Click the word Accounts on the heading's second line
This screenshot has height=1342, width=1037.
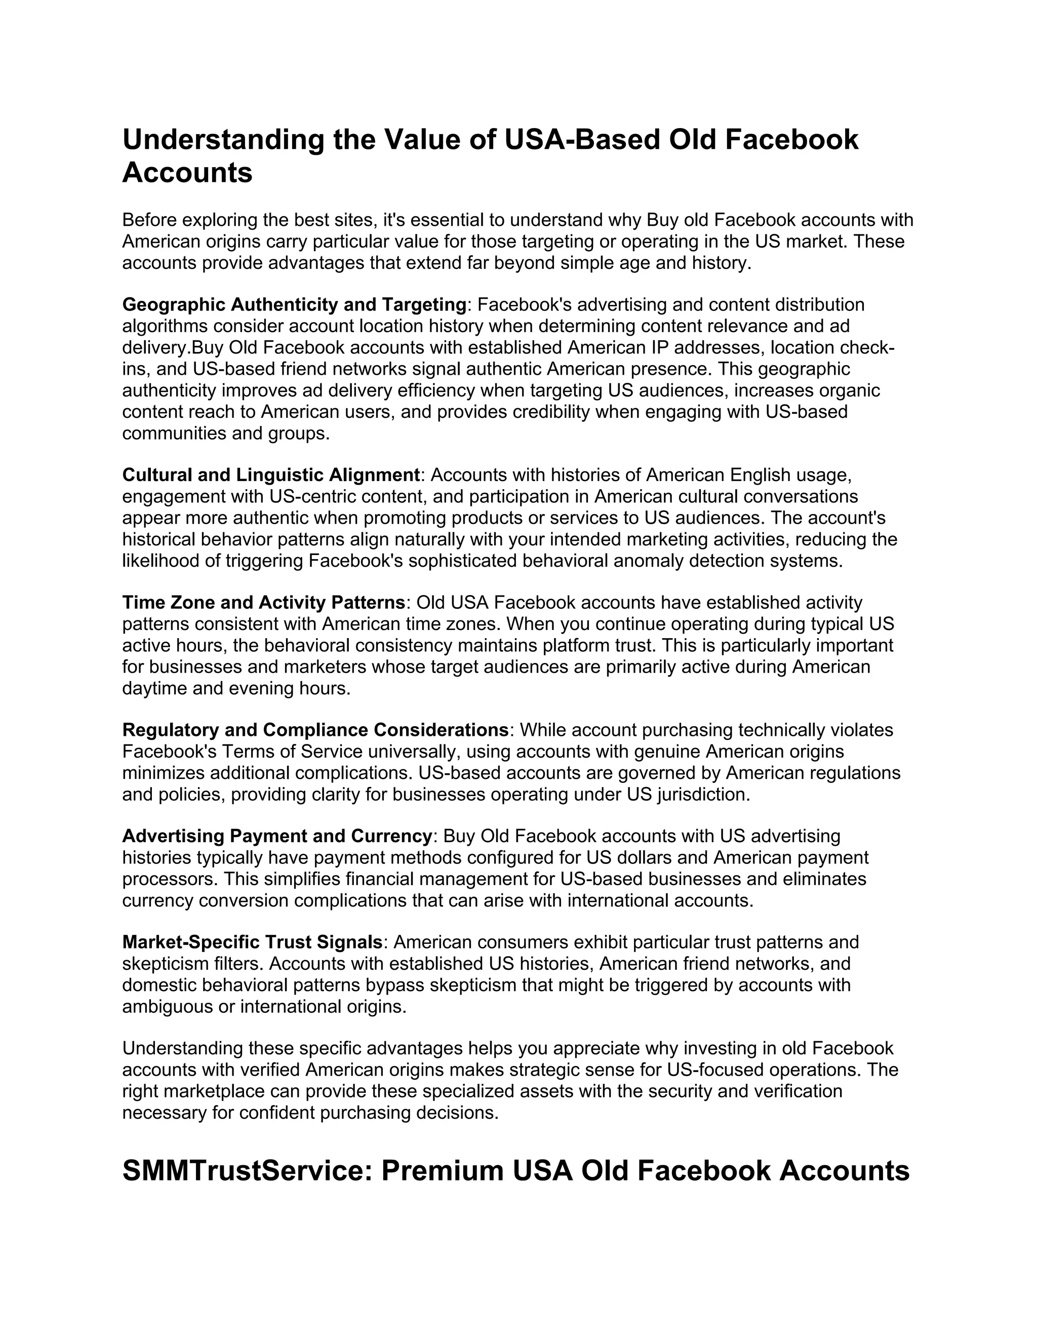click(187, 173)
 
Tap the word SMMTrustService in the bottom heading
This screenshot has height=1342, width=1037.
click(245, 1170)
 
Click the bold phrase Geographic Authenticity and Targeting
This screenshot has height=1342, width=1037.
click(294, 304)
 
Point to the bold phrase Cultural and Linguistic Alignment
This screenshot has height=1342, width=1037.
click(271, 475)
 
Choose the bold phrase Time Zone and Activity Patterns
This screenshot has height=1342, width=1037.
click(263, 602)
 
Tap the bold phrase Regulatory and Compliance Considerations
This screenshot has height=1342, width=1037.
click(315, 730)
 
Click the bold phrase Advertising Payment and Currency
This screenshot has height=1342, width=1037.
click(277, 836)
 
